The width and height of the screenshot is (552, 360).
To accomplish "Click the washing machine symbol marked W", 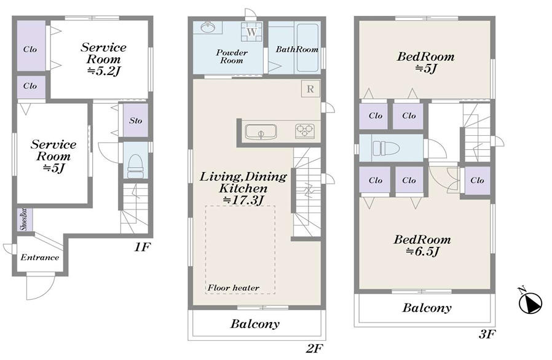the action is coord(251,32).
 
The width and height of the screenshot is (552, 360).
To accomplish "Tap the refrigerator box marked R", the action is coord(310,88).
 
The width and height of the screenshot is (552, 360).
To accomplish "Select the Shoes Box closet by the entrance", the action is coord(25,220).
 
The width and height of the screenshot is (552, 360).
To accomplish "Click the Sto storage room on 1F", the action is coord(135,120).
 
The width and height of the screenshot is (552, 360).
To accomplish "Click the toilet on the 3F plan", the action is coord(386,148).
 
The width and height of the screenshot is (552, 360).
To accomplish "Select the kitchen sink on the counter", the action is coord(261,132).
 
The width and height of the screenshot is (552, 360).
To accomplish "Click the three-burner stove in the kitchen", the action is coord(304,131).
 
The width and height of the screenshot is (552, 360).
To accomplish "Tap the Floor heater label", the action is coord(234,288).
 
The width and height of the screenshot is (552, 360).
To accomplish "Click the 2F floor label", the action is coord(314,349).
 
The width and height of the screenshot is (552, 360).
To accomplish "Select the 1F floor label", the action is coord(142,248).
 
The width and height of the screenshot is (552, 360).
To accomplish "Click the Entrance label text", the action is coord(39,257).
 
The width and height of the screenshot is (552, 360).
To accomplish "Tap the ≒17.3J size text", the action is coord(243,200).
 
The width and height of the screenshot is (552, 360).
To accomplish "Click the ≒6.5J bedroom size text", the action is coord(422,251).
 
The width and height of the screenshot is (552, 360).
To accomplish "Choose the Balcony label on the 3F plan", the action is coord(427,308).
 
